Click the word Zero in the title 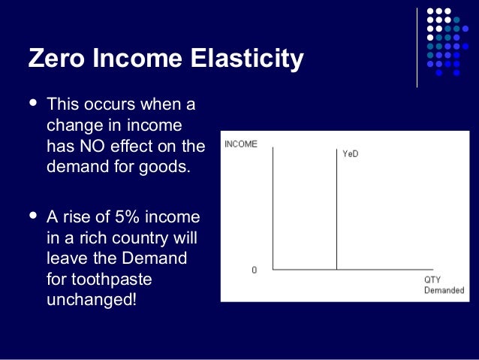56,58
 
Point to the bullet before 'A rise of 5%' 31,216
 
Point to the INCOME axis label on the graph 240,144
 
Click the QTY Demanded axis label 444,285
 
